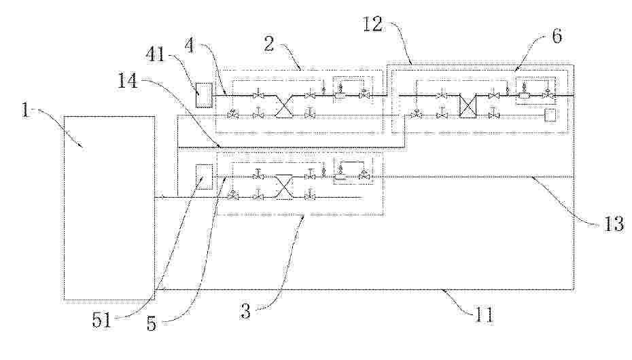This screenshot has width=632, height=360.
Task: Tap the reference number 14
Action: point(128,81)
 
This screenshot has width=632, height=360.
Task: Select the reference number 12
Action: point(373,24)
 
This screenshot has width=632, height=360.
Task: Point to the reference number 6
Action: point(557,36)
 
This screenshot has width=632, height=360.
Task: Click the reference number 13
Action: point(614,224)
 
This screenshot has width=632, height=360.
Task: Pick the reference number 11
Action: point(483,314)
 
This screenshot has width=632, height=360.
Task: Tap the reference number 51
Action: point(101,321)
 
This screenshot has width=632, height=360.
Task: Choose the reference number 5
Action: point(152,323)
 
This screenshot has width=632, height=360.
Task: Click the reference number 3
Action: point(245,311)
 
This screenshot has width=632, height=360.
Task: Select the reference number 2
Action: point(269,43)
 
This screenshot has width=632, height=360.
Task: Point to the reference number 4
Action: point(190,46)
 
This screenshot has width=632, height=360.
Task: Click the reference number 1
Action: point(26,110)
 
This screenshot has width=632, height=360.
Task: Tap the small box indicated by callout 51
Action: point(203,177)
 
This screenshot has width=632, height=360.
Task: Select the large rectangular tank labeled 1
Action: point(109,208)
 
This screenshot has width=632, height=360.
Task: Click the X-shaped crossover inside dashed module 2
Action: point(284,106)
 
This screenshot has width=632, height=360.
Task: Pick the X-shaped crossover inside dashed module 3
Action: point(284,187)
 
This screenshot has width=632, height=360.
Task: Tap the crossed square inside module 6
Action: point(468,106)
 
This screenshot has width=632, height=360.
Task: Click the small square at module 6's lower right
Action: point(550,115)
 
